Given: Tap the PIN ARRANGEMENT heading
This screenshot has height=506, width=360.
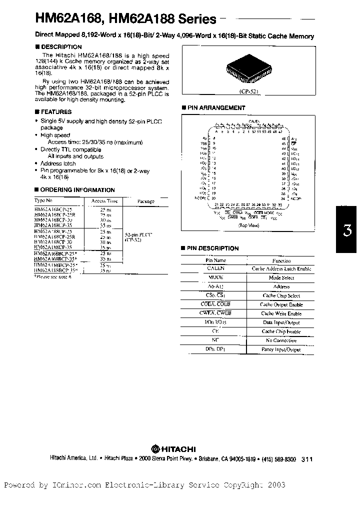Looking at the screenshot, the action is (x=215, y=108).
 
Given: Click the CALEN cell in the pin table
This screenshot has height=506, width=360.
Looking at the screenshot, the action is (x=216, y=268).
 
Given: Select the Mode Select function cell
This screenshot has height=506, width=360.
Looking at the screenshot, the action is (x=281, y=277).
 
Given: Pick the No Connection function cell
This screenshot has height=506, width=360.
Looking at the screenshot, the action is (x=281, y=340).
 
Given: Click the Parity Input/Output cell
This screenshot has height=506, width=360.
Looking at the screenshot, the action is (x=281, y=349).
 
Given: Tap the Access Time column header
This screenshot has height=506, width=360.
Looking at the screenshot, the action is (x=100, y=201).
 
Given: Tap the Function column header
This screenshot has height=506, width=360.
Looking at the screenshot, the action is (x=281, y=260).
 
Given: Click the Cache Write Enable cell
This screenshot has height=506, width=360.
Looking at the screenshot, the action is (x=281, y=313).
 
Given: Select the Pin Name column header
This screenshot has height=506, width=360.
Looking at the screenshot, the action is (x=216, y=260).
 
